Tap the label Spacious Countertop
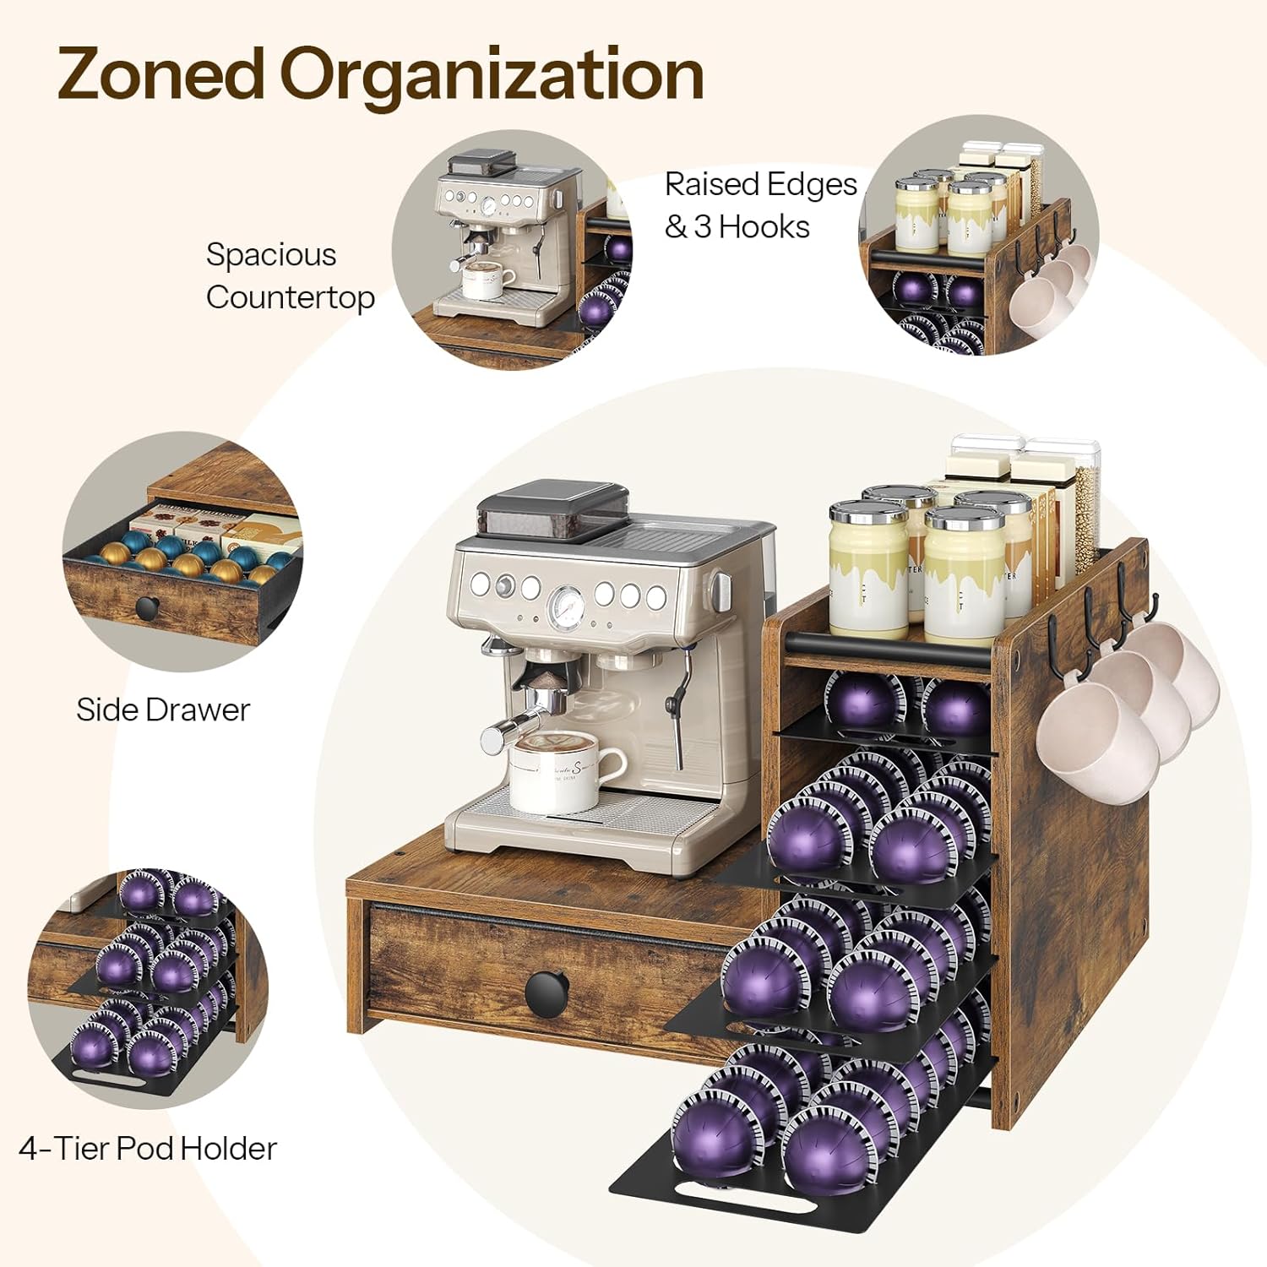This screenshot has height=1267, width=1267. click(x=290, y=276)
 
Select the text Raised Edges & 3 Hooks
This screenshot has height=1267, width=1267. click(x=760, y=205)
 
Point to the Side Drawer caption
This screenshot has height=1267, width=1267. click(x=163, y=710)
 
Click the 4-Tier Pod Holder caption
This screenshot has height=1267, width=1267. click(x=148, y=1148)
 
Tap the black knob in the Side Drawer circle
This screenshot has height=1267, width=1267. click(x=149, y=606)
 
